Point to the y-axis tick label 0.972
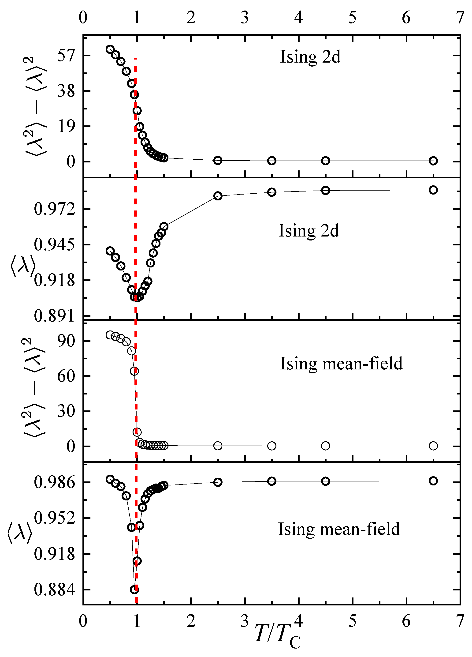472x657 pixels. pyautogui.click(x=54, y=209)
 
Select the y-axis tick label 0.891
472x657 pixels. pyautogui.click(x=54, y=316)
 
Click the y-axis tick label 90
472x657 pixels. pyautogui.click(x=66, y=341)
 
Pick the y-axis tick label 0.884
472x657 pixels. pyautogui.click(x=54, y=589)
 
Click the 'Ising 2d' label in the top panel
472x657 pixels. pyautogui.click(x=310, y=57)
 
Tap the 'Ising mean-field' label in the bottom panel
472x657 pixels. pyautogui.click(x=339, y=529)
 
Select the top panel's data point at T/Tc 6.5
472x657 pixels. pyautogui.click(x=433, y=161)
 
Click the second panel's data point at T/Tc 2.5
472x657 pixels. pyautogui.click(x=218, y=196)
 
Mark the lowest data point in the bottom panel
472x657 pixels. pyautogui.click(x=134, y=589)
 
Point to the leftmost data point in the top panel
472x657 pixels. pyautogui.click(x=110, y=49)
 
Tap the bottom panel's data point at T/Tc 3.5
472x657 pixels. pyautogui.click(x=272, y=481)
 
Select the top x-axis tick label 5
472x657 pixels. pyautogui.click(x=352, y=18)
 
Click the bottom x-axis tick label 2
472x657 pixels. pyautogui.click(x=191, y=621)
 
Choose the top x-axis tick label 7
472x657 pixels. pyautogui.click(x=460, y=18)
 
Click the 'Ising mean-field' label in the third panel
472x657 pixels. pyautogui.click(x=341, y=364)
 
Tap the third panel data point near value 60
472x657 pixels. pyautogui.click(x=134, y=371)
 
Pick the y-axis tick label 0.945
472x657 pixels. pyautogui.click(x=54, y=244)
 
